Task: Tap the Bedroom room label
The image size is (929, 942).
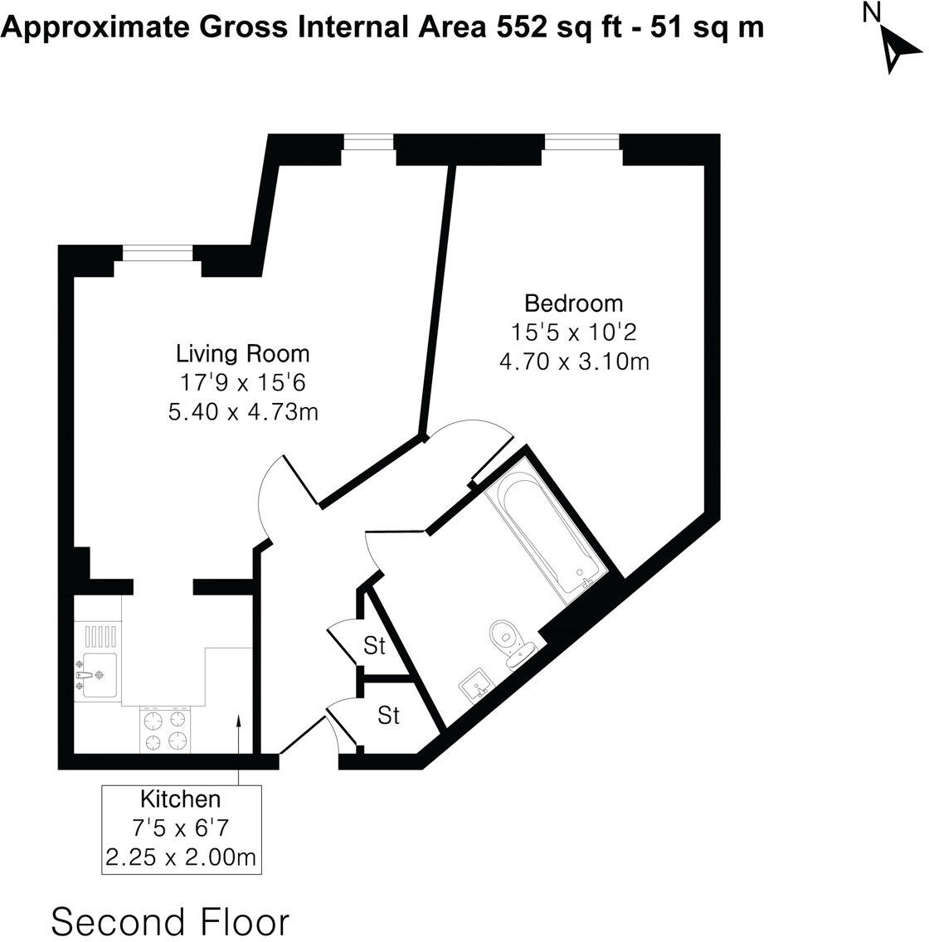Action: tap(573, 303)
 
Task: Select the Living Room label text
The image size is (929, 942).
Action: tap(242, 354)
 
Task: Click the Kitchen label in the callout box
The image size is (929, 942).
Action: tap(180, 799)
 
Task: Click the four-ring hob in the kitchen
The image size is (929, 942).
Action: tap(164, 730)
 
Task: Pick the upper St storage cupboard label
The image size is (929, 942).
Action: tap(375, 646)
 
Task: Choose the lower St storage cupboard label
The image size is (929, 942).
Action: tap(388, 715)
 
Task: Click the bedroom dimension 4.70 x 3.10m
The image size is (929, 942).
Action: tap(573, 362)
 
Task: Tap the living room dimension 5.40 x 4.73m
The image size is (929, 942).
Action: tap(242, 411)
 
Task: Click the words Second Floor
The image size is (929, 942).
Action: tap(170, 921)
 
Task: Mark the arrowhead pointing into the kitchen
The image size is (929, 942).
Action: tap(238, 721)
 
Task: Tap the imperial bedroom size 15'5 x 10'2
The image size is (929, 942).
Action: tap(573, 333)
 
